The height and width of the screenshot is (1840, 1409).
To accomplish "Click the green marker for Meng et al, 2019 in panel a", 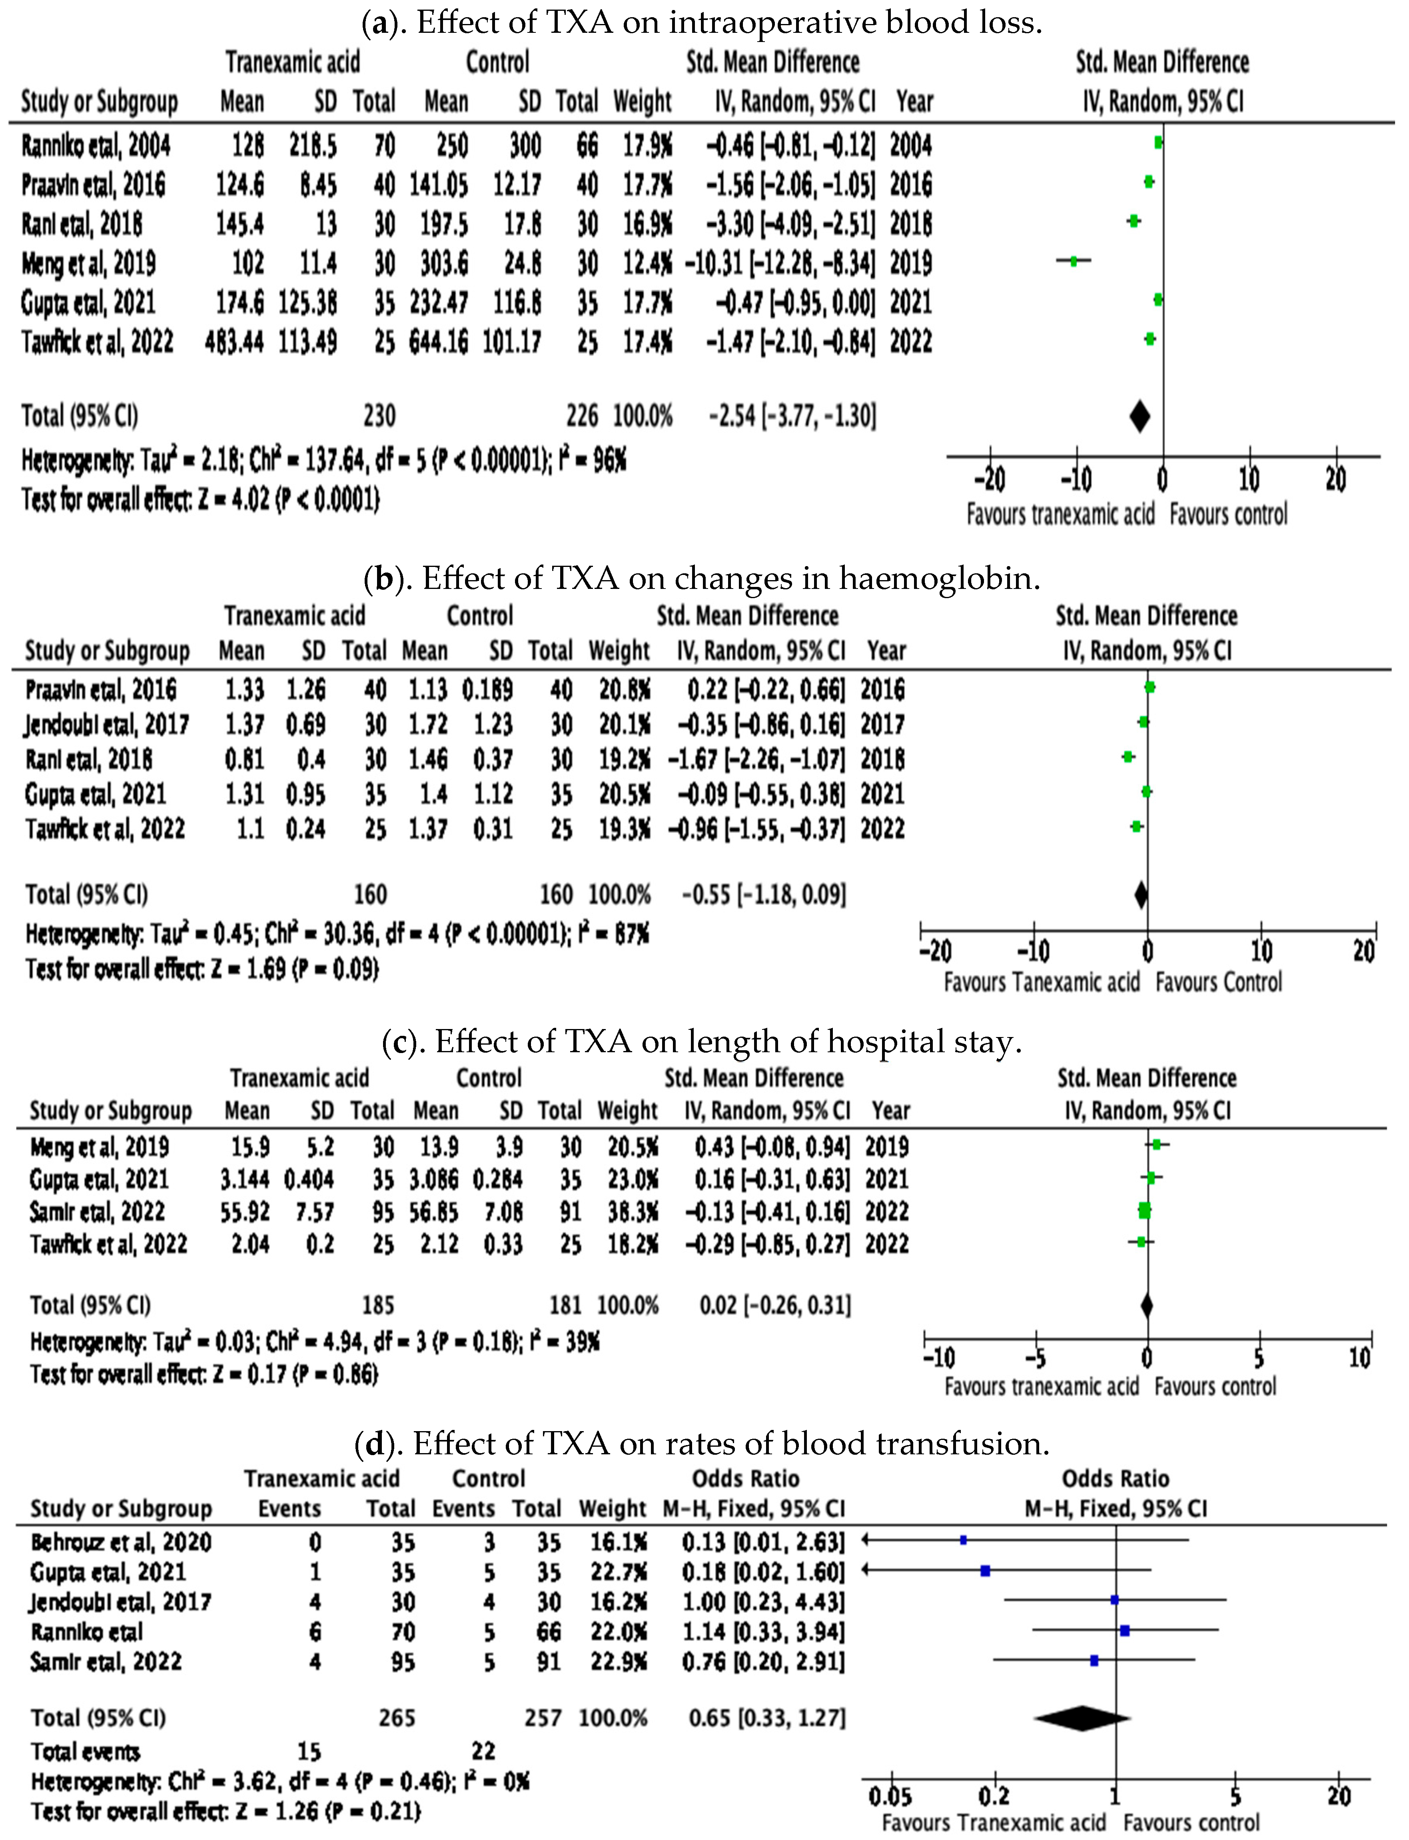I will tap(1073, 261).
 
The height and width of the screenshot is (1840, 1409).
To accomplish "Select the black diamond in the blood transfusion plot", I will tap(1082, 1718).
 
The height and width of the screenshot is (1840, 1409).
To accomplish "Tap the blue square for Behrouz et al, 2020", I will tap(964, 1540).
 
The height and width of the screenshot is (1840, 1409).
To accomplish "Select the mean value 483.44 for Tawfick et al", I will tap(234, 342).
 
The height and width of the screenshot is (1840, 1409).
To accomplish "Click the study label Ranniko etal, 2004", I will tap(96, 146).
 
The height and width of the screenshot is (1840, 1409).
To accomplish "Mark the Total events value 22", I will tap(484, 1751).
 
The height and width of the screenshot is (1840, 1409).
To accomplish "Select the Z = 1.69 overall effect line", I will tap(201, 970).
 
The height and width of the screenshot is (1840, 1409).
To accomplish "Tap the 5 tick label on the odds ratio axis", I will tap(1235, 1796).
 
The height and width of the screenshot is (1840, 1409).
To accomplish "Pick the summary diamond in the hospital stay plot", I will tap(1146, 1305).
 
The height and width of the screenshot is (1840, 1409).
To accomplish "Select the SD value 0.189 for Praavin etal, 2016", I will tap(487, 690).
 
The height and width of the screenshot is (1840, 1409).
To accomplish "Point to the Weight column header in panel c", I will tap(627, 1111).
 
